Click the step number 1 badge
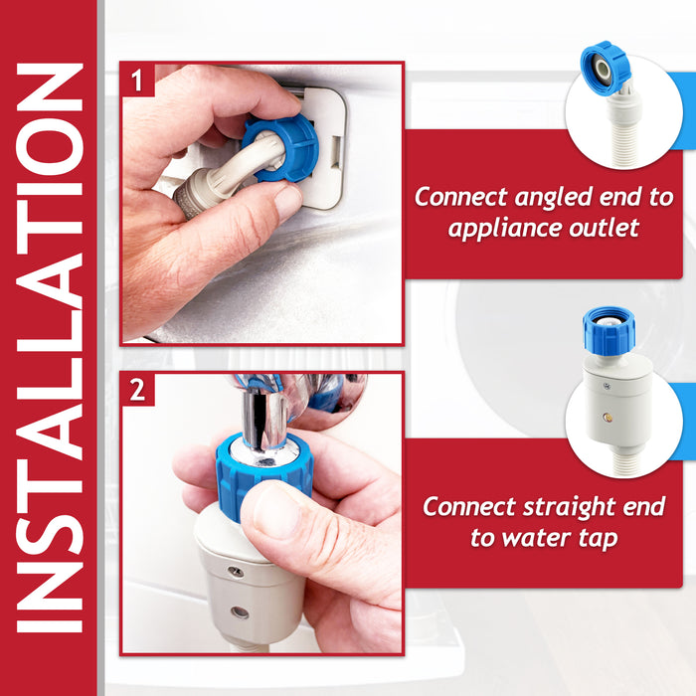pos(138,79)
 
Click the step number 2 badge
pos(138,389)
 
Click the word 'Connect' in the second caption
pos(466,506)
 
